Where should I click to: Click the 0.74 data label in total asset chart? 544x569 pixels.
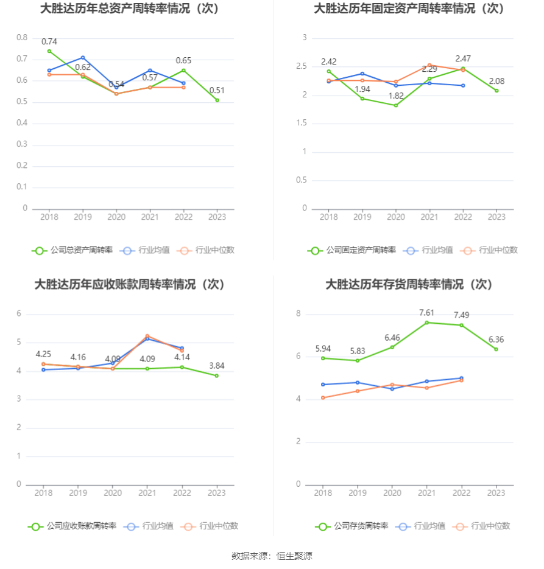tap(49, 41)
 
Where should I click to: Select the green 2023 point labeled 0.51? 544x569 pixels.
tap(217, 100)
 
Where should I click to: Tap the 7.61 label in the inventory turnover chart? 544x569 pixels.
tap(426, 313)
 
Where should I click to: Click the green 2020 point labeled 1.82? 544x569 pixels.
tap(396, 105)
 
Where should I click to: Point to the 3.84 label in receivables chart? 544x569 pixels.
tap(217, 365)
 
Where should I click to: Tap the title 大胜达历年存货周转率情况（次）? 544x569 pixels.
tap(409, 285)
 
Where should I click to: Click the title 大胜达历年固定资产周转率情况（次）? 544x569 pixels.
tap(409, 9)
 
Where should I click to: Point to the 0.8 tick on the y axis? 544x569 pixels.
tap(22, 38)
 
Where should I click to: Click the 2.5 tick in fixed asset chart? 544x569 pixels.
tap(301, 66)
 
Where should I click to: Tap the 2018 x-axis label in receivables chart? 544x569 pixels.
tap(43, 493)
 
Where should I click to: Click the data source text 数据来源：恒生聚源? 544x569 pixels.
tap(272, 556)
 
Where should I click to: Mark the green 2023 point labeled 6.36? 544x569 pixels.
tap(496, 349)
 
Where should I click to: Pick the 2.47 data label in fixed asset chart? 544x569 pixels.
tap(463, 58)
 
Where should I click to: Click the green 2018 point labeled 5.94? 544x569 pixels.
tap(323, 358)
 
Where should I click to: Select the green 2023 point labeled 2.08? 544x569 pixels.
tap(496, 91)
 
